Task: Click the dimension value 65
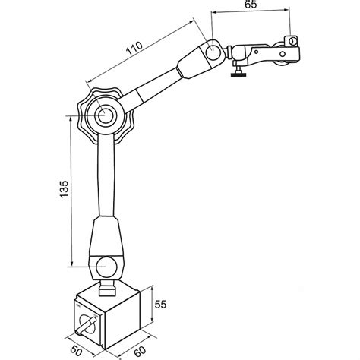250,5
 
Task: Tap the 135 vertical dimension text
64,191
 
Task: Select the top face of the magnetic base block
106,295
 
